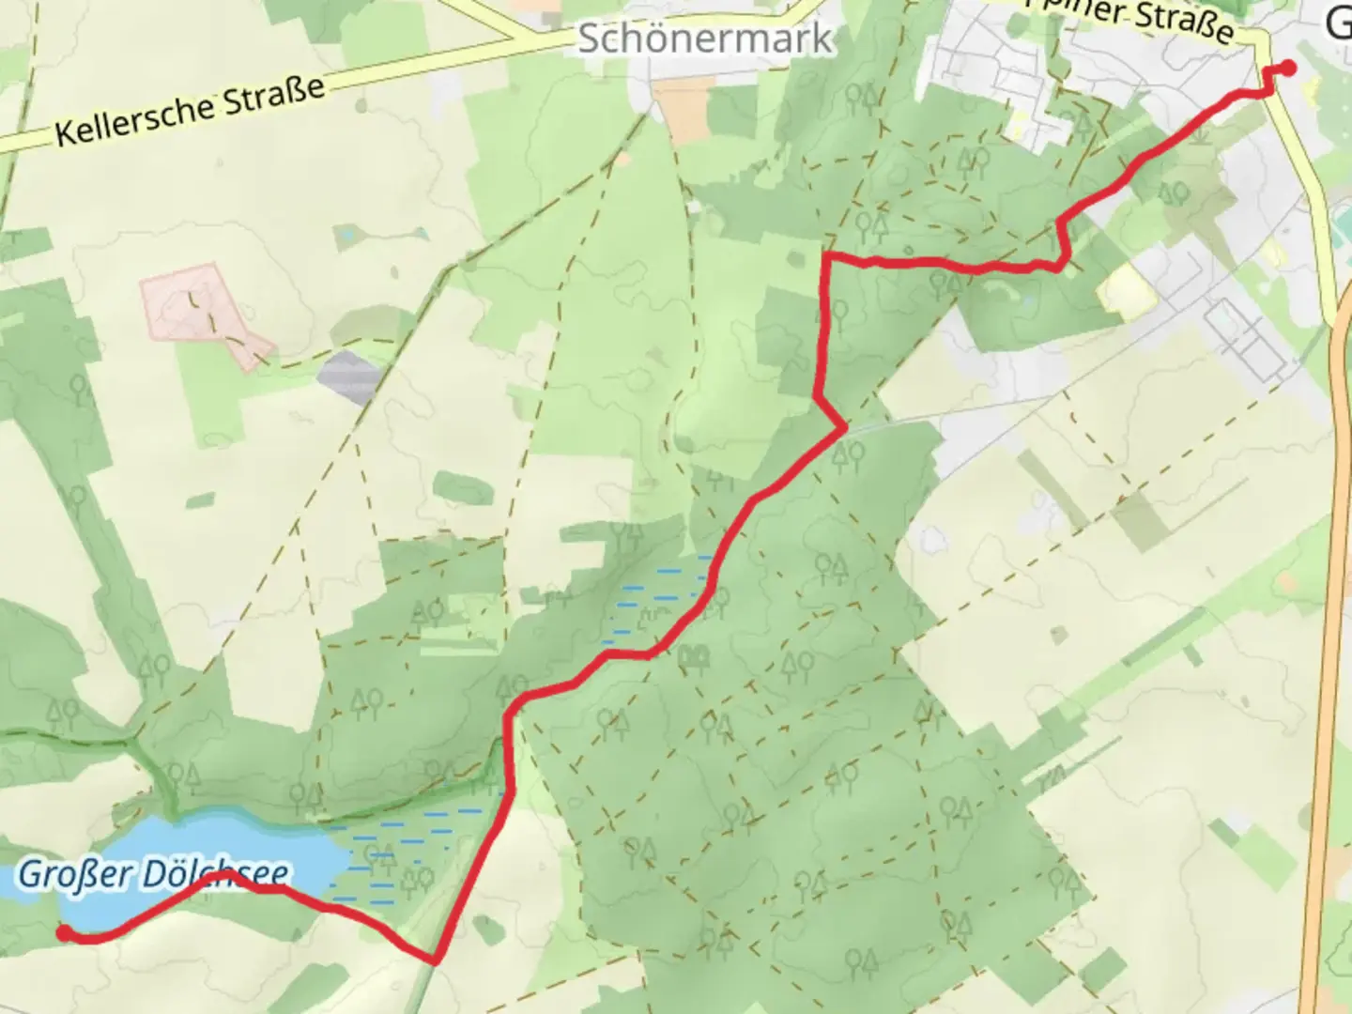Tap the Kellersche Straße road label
(x=190, y=111)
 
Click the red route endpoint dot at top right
(x=1289, y=67)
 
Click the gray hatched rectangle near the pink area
(x=348, y=377)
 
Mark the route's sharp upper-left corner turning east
(x=827, y=255)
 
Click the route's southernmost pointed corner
(x=436, y=960)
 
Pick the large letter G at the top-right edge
(x=1338, y=23)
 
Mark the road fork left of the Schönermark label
(x=514, y=39)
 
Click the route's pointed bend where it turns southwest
(x=844, y=428)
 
